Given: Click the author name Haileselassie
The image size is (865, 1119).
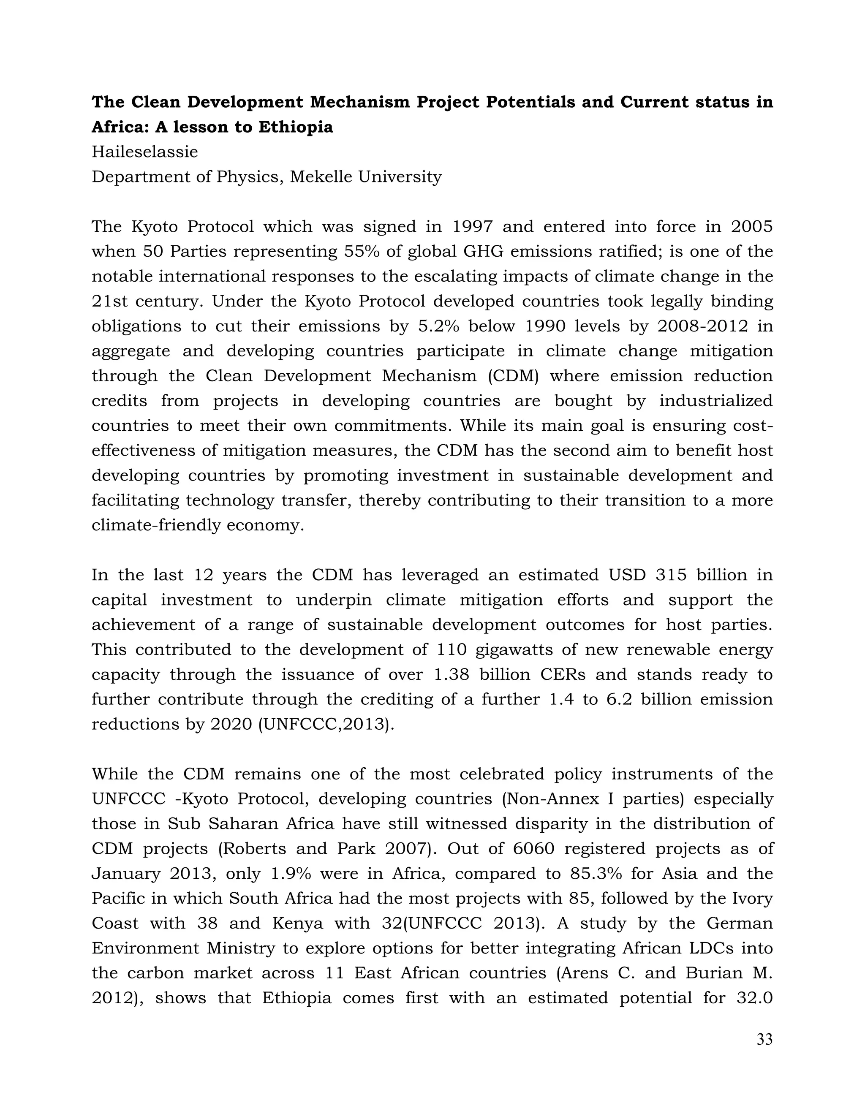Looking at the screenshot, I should coord(144,152).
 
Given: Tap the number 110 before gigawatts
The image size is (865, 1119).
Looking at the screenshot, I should coord(452,650).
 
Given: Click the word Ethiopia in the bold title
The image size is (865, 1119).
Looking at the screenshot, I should coord(295,127).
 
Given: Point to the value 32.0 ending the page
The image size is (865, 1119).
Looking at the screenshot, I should coord(755,998).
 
